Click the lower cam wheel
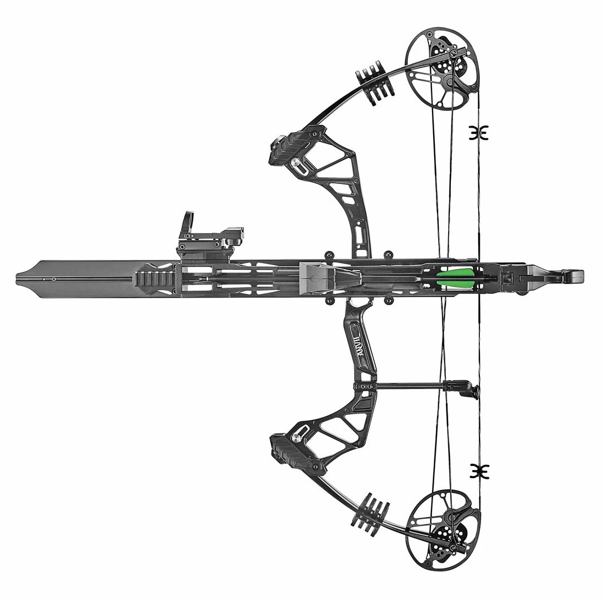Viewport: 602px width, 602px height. pos(443,530)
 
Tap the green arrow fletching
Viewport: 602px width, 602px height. pos(454,278)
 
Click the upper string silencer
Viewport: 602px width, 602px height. pos(478,133)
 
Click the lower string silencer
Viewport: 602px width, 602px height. pos(478,470)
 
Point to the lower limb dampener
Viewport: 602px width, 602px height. pos(371,512)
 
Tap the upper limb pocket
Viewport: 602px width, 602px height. pos(298,147)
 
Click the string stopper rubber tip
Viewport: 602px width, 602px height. pos(472,390)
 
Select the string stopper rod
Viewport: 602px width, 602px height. pos(410,385)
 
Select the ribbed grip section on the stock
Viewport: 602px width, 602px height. pos(156,278)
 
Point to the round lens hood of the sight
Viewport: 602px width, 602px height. pos(188,222)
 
